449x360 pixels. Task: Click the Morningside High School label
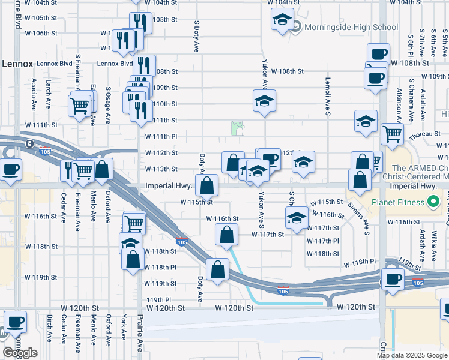pos(351,27)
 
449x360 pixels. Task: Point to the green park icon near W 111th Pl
pos(238,128)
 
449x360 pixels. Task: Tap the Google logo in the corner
pos(20,353)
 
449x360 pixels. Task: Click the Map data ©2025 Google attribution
pos(411,355)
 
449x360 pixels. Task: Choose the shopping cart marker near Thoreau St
pos(392,134)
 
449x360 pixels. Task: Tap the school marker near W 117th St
pos(297,218)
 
